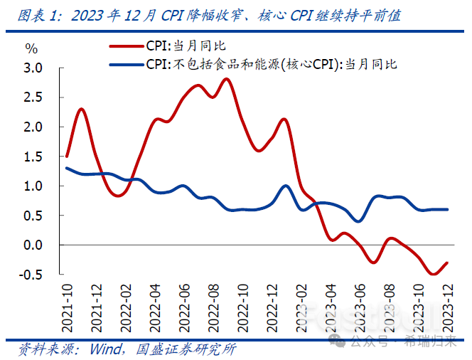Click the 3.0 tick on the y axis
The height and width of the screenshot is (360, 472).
[x=33, y=68]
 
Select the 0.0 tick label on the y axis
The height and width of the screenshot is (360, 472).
[x=33, y=245]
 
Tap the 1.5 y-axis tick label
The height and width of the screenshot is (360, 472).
[x=33, y=156]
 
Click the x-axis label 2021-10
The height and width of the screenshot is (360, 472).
[x=67, y=307]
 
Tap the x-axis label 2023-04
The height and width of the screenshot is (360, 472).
[x=331, y=307]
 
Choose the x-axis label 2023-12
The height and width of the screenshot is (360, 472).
[x=446, y=307]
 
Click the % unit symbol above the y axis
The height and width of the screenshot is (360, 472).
[x=31, y=48]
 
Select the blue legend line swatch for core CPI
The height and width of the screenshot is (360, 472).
[x=126, y=64]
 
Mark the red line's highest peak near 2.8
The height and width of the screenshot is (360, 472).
[x=226, y=79]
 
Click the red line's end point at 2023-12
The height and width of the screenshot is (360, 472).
[x=446, y=263]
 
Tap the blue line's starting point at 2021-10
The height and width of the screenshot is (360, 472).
[x=66, y=168]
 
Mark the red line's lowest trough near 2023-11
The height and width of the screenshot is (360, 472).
[x=432, y=274]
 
